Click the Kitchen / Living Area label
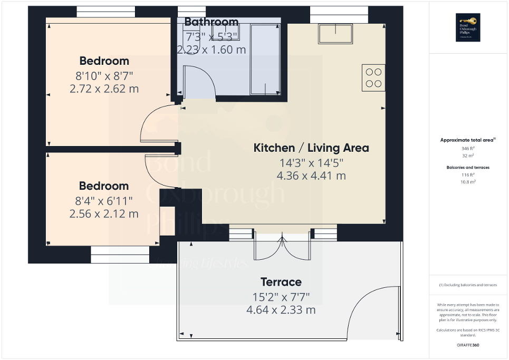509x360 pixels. pyautogui.click(x=311, y=148)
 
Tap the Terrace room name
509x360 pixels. pyautogui.click(x=281, y=282)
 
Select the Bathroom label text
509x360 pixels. pyautogui.click(x=211, y=22)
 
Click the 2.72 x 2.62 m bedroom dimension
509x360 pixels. pyautogui.click(x=104, y=89)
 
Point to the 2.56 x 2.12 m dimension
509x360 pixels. pyautogui.click(x=104, y=213)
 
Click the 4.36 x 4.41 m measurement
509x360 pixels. pyautogui.click(x=311, y=176)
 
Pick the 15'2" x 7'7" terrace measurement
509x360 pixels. pyautogui.click(x=281, y=296)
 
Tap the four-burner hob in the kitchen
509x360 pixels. pyautogui.click(x=373, y=77)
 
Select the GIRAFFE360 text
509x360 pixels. pyautogui.click(x=468, y=345)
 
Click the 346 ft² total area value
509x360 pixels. pyautogui.click(x=468, y=149)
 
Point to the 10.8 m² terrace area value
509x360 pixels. pyautogui.click(x=468, y=181)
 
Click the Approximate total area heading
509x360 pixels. pyautogui.click(x=468, y=140)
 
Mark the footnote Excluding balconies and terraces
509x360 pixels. pyautogui.click(x=468, y=285)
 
